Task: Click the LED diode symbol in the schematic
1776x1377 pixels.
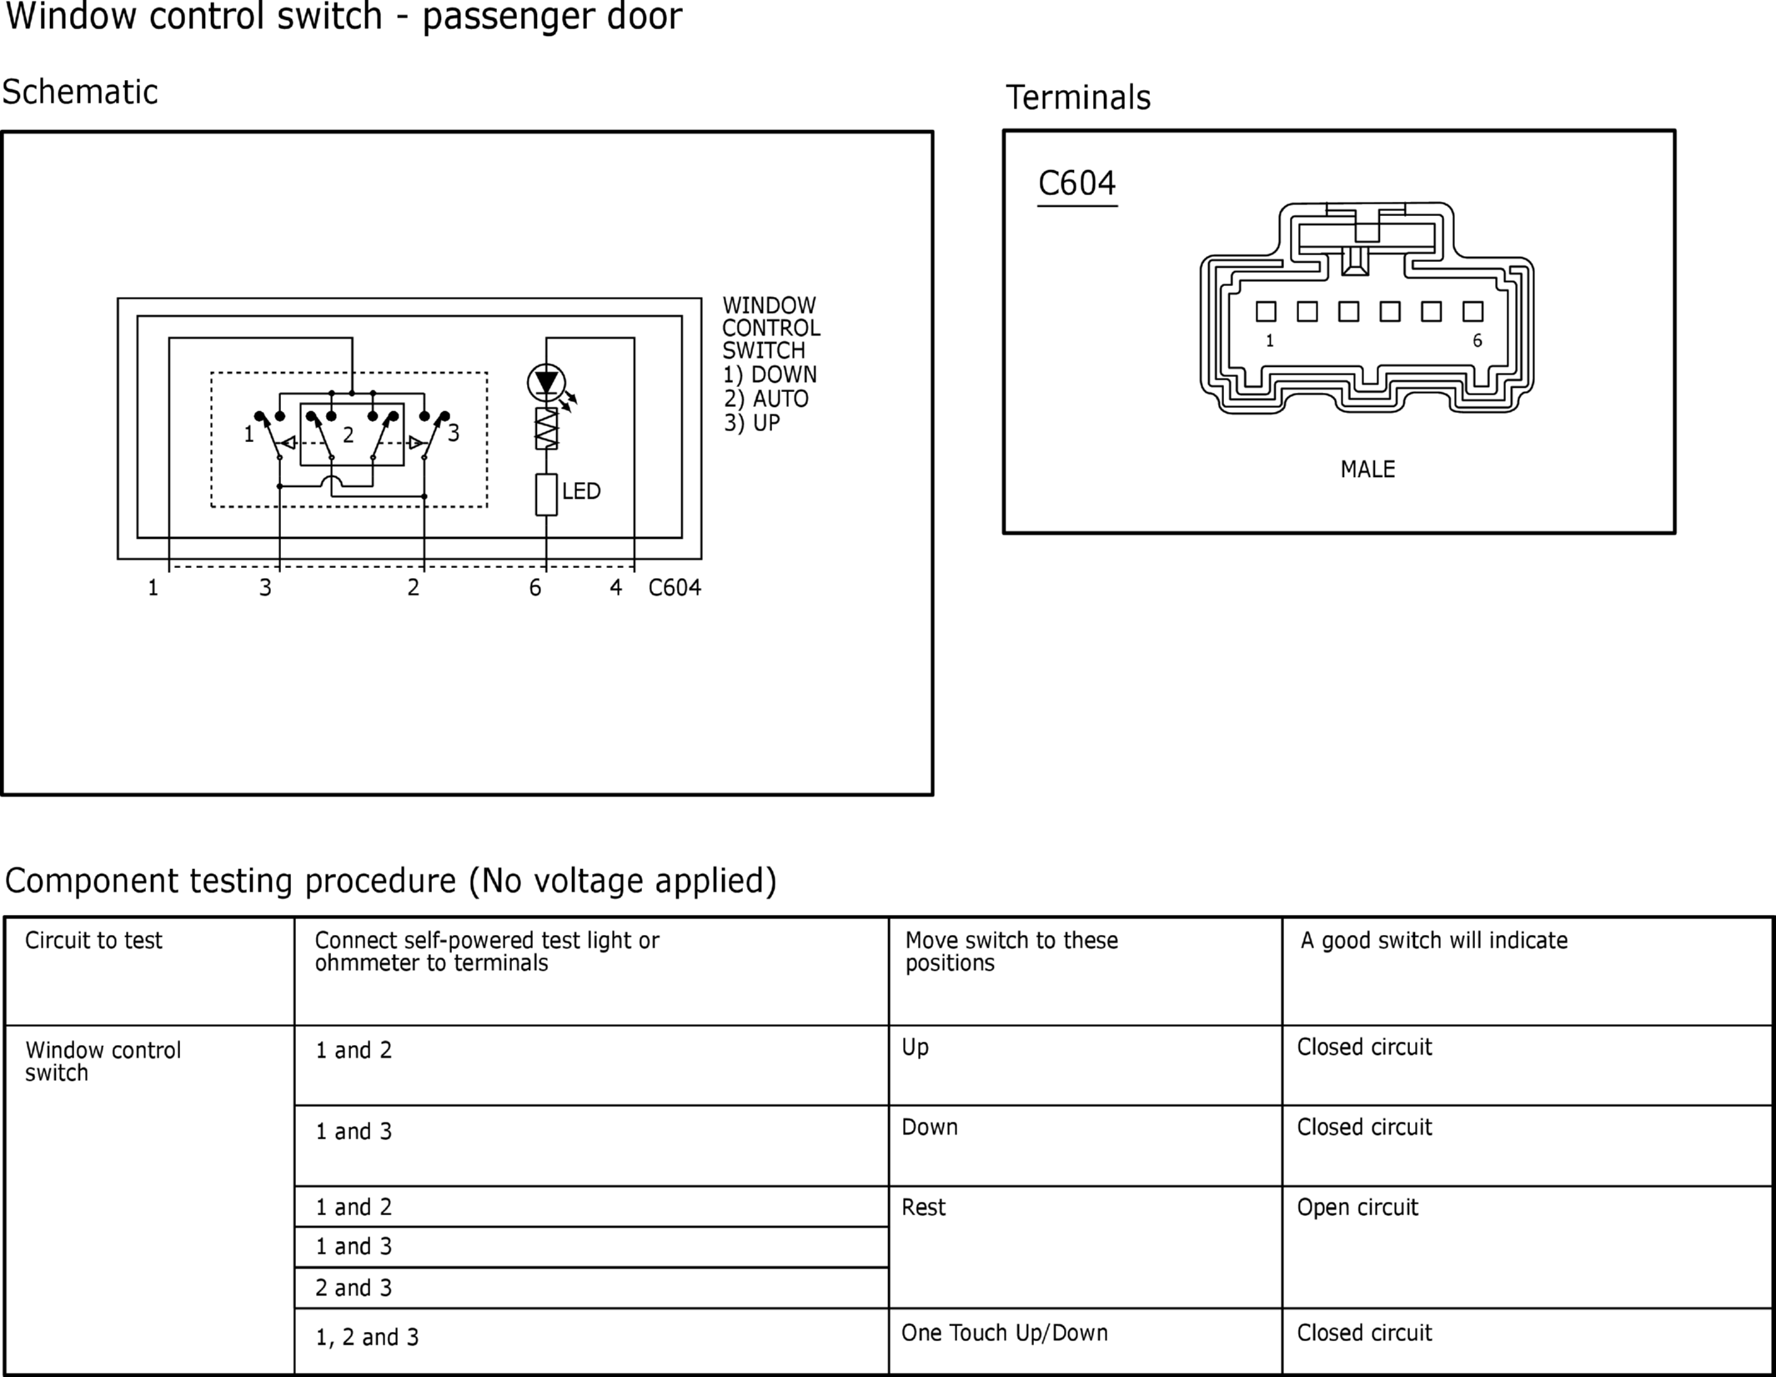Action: tap(546, 383)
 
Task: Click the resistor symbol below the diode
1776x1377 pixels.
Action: tap(546, 429)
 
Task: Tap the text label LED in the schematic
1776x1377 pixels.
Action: tap(581, 491)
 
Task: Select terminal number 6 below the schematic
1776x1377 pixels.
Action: tap(535, 588)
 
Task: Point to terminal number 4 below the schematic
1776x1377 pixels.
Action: tap(615, 588)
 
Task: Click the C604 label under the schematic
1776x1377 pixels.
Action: tap(675, 588)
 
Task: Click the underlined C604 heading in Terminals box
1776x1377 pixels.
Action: tap(1076, 184)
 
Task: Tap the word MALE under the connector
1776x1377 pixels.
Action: tap(1367, 470)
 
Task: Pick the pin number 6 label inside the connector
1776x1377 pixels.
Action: tap(1477, 340)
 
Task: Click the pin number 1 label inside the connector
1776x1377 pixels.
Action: tap(1270, 340)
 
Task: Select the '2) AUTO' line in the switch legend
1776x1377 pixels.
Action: tap(766, 399)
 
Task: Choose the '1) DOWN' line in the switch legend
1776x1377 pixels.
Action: tap(770, 374)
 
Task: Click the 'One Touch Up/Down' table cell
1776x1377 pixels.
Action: tap(1005, 1333)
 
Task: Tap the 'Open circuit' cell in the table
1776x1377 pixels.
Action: tap(1357, 1208)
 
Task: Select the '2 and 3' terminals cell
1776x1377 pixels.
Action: tap(354, 1288)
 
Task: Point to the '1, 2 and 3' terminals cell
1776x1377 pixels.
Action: tap(367, 1338)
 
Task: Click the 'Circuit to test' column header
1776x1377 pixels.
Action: tap(93, 941)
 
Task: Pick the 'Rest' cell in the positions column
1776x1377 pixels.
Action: tap(924, 1208)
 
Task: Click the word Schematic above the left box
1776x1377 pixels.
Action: tap(80, 92)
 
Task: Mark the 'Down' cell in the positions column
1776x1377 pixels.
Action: tap(930, 1128)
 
